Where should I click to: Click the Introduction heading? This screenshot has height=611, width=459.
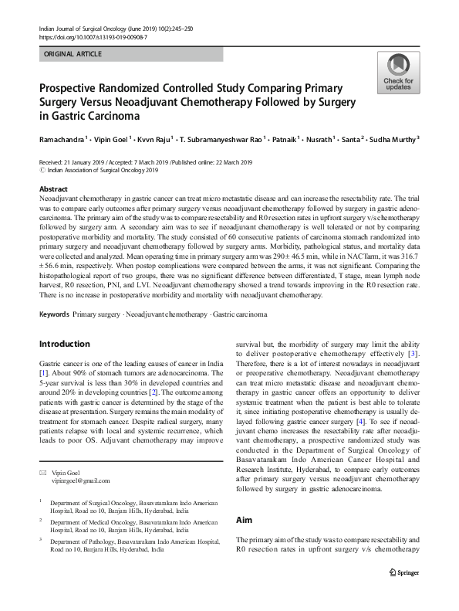[x=64, y=344]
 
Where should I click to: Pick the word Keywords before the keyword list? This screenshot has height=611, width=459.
[x=54, y=315]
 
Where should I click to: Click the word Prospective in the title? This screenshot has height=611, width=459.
[x=73, y=89]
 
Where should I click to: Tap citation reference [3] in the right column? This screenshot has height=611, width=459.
[x=413, y=354]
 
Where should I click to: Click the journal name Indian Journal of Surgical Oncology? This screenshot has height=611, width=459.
[x=90, y=27]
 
